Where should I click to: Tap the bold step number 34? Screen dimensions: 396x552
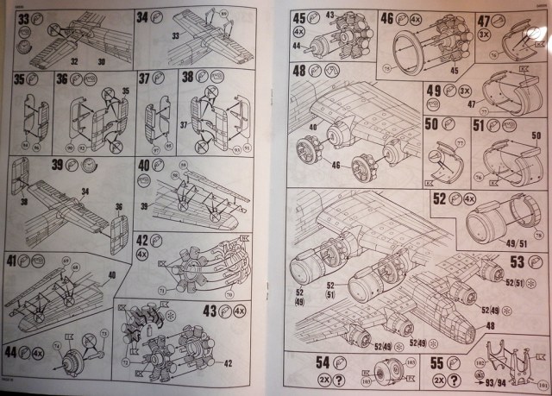point(143,17)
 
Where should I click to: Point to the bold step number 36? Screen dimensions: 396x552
point(63,79)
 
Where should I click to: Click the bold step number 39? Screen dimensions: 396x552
point(59,167)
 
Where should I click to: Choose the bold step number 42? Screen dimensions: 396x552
point(144,242)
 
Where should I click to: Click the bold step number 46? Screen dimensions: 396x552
point(389,18)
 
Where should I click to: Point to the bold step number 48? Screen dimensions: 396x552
point(301,72)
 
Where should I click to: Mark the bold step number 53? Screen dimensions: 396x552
point(518,261)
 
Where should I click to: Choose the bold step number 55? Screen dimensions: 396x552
point(438,363)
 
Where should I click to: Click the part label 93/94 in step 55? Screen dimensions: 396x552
point(498,380)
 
